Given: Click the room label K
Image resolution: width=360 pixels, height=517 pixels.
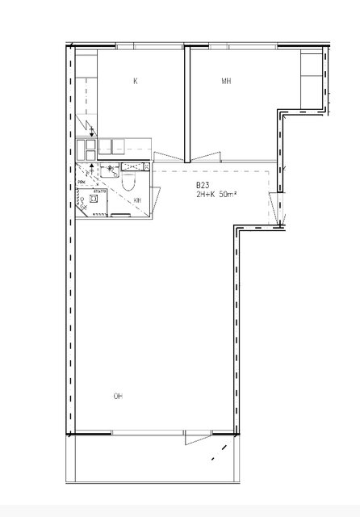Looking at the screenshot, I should coord(135,81).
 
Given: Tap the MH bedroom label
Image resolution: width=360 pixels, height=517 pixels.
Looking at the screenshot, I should coord(227,81).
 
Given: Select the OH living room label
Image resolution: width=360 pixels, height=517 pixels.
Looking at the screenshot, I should coord(118,396).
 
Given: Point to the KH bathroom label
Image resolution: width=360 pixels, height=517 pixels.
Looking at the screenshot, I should coord(138,200).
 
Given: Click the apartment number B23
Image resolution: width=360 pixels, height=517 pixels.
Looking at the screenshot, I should coord(202,186).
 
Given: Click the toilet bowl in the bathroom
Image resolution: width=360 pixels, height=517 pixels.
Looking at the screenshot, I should coord(128,183).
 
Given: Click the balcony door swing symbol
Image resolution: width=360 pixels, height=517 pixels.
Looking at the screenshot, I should coord(197,439).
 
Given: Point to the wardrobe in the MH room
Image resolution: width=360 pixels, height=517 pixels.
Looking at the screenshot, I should coord(311,81).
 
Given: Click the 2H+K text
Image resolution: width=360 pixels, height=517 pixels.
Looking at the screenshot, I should coord(206,195).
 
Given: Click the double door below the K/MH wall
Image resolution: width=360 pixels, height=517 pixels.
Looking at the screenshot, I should coord(187,156).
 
